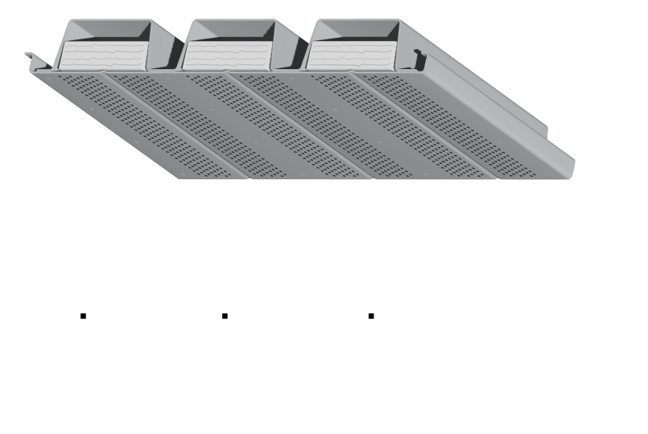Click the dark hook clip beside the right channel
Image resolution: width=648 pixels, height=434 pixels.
click(x=419, y=58)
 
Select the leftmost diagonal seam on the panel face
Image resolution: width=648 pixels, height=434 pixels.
click(x=161, y=113)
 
